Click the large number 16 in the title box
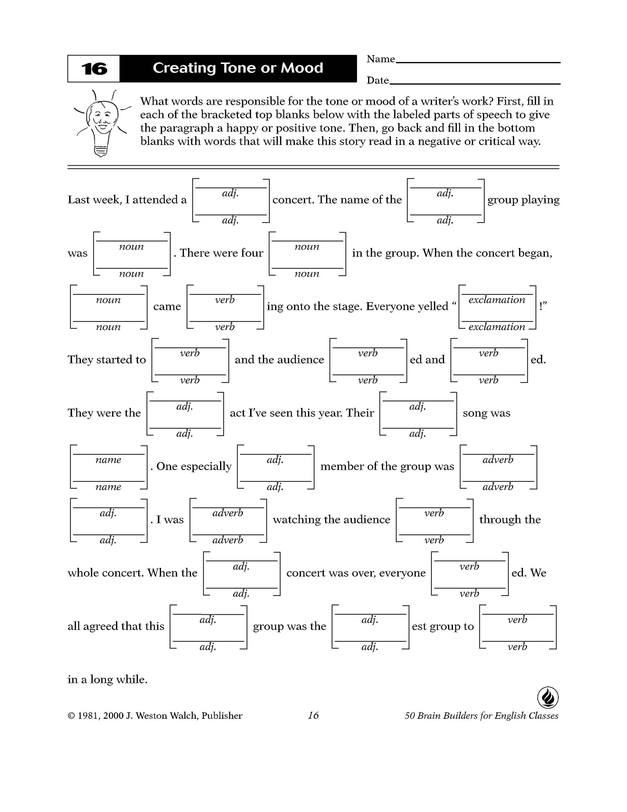coord(94,69)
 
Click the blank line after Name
coord(478,62)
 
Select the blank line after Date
coord(474,84)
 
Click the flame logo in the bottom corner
coord(547,697)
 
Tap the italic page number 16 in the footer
coord(313,715)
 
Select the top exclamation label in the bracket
coord(497,300)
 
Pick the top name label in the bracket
coord(108,460)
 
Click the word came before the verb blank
coord(167,306)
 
